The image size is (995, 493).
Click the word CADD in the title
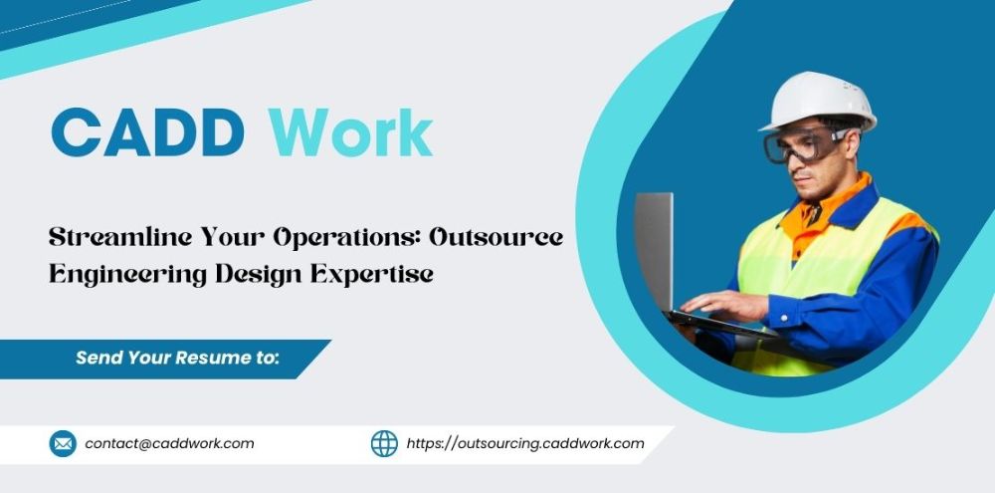click(x=148, y=132)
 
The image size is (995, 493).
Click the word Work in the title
click(x=351, y=132)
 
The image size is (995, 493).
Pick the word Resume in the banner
click(x=204, y=358)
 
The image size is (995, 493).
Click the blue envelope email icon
click(x=63, y=443)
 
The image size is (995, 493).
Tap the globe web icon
click(x=384, y=443)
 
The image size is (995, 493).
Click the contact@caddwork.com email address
click(x=169, y=443)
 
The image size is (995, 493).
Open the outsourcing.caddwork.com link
click(x=525, y=444)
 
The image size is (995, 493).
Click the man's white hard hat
click(x=819, y=101)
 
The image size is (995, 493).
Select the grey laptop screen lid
click(x=654, y=252)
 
